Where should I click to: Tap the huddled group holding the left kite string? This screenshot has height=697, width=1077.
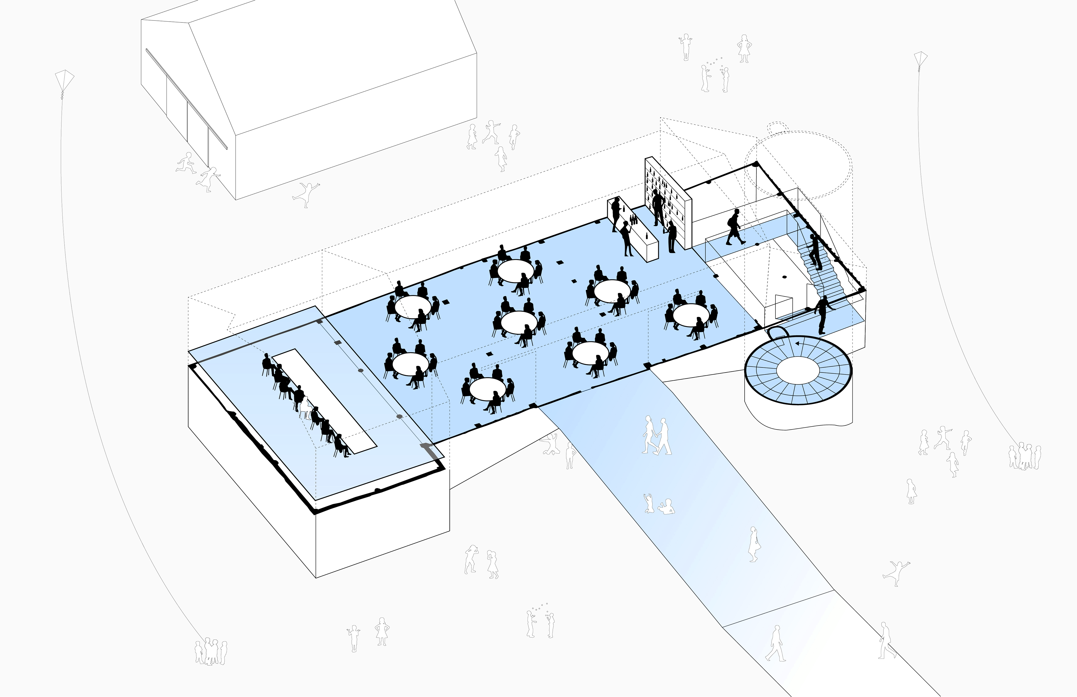point(210,652)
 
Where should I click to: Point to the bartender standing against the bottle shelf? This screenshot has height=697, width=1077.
point(657,207)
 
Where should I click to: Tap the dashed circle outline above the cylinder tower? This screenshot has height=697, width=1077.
point(799,165)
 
